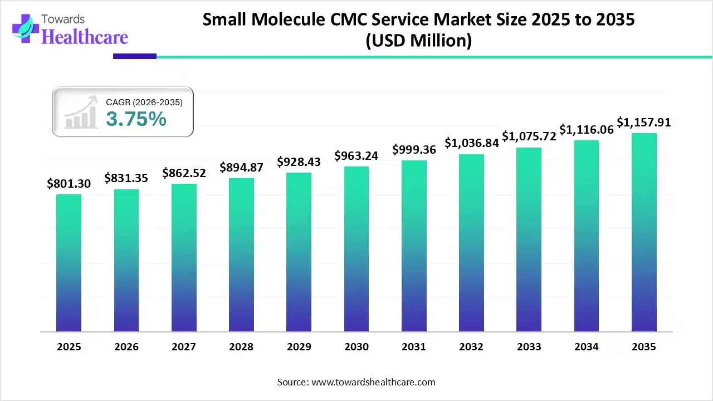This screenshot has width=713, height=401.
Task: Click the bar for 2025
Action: [x=69, y=263]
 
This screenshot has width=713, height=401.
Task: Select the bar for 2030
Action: [x=356, y=249]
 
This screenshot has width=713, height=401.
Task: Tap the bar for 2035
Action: [x=644, y=232]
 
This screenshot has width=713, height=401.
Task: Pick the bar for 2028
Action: [x=241, y=255]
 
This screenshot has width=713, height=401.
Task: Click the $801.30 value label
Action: [x=69, y=183]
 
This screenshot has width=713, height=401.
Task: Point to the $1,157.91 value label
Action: [x=644, y=122]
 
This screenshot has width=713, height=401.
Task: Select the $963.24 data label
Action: [x=356, y=156]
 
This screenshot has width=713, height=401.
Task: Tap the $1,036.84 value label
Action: [x=471, y=143]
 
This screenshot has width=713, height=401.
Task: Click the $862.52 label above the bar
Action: [x=184, y=173]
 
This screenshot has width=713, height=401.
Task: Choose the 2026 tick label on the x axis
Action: [x=126, y=347]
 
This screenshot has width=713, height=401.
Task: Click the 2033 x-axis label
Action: [x=529, y=347]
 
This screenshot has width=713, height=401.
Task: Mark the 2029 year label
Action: [x=299, y=347]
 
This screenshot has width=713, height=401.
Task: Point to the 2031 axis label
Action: [x=414, y=347]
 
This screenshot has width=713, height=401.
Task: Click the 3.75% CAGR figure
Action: [x=136, y=119]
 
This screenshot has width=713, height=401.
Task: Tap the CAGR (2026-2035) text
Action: [x=144, y=102]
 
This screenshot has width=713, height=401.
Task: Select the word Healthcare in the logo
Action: [x=85, y=37]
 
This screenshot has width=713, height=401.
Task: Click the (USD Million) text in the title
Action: [x=418, y=41]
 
